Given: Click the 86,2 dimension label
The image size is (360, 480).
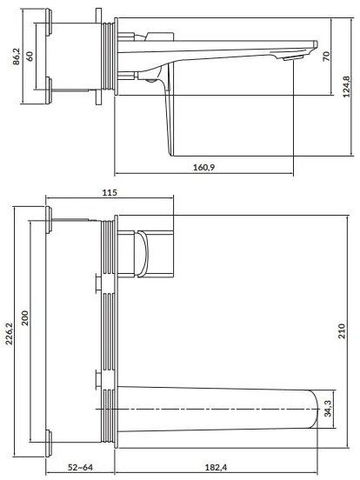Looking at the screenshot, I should point(10,58).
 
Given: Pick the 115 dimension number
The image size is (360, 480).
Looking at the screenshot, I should point(108,193).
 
